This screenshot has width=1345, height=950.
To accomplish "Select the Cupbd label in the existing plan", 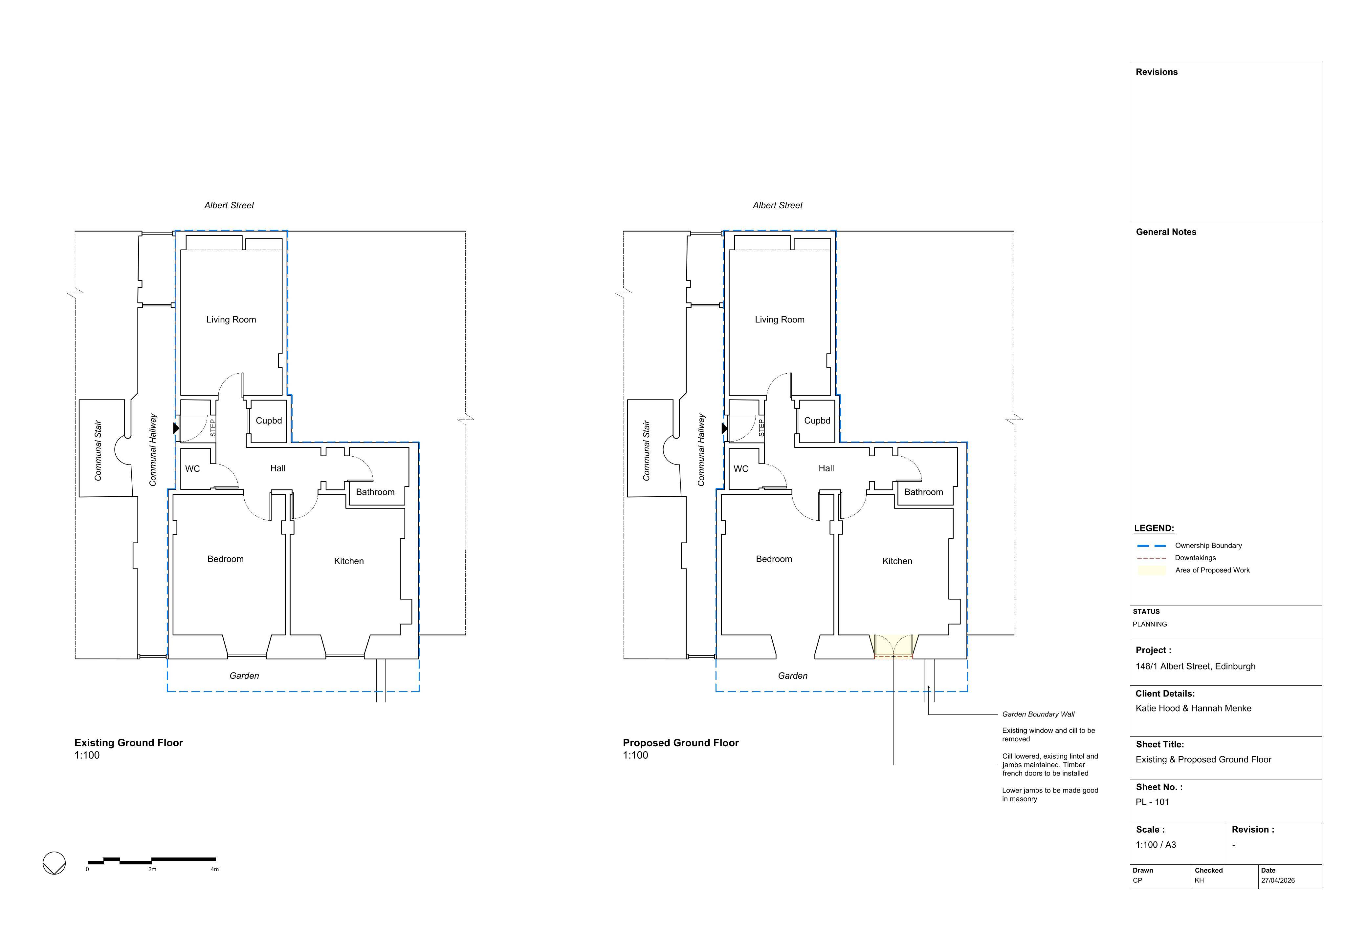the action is tap(269, 421).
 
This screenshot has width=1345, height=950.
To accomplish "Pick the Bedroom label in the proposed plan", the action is tap(774, 559).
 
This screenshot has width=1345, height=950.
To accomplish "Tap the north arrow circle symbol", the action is tap(55, 863).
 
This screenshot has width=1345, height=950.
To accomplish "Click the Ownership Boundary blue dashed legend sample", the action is tap(1152, 546).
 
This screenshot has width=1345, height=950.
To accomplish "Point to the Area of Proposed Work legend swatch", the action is tap(1152, 570).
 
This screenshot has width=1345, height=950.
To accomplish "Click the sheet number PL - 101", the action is tap(1152, 802).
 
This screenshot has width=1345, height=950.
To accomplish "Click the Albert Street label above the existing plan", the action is tap(229, 205).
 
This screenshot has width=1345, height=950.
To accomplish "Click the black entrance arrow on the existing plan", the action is tap(176, 428).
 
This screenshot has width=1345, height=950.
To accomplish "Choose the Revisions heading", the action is tap(1157, 72).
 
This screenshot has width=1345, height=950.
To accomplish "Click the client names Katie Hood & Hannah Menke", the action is tap(1193, 708).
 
